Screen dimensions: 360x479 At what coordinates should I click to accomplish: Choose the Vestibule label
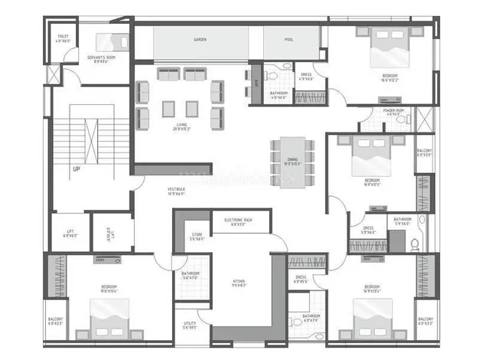[176, 191]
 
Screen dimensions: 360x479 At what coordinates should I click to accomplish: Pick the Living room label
[182, 126]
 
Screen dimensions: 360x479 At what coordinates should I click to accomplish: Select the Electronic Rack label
[239, 221]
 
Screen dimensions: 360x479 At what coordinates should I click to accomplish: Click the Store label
[197, 236]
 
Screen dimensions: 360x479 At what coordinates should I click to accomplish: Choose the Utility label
[190, 326]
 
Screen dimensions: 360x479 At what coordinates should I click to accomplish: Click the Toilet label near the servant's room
[63, 38]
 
